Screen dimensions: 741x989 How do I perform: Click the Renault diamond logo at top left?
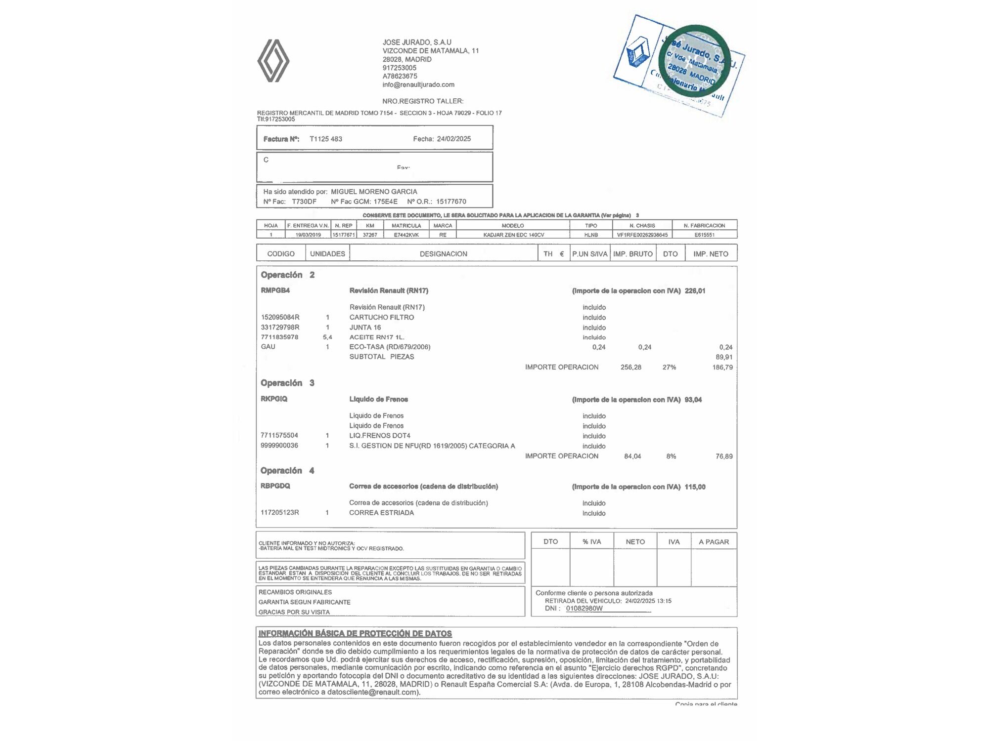coord(273,61)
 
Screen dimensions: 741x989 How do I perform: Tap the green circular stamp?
coord(696,59)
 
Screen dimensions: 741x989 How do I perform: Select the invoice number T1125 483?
coord(326,139)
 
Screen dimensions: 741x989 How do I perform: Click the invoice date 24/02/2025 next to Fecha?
coord(453,139)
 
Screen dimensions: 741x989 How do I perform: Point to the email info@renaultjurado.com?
coord(418,84)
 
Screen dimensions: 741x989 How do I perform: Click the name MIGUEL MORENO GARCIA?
coord(374,192)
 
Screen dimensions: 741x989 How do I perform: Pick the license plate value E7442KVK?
coord(406,235)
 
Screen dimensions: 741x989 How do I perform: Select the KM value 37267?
coord(370,235)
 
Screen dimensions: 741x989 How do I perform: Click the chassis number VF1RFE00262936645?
coord(642,235)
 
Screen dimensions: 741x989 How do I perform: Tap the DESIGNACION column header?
coord(443,254)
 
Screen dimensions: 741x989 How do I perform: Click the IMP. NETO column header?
coord(711,254)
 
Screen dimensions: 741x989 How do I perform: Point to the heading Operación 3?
coord(287,383)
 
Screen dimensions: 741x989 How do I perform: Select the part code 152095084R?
coord(280,317)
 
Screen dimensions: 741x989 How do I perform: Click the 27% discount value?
coord(669,367)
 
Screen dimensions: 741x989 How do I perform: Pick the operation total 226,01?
coord(695,291)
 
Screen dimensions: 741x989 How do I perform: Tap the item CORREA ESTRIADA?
coord(381,513)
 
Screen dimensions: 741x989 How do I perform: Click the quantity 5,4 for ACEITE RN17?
coord(327,337)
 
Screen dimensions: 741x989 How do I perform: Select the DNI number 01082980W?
coord(584,608)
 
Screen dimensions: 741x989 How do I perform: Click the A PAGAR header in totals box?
coord(714,542)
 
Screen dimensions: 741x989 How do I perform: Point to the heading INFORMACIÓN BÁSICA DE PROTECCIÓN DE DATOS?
coord(355,633)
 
